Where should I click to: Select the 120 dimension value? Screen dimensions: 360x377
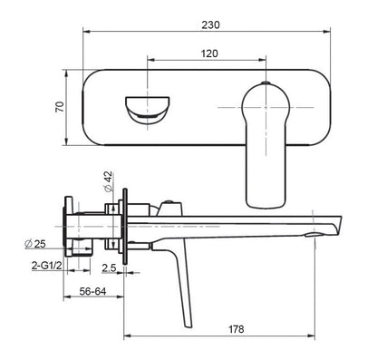point(209,54)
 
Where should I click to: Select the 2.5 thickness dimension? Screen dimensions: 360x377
point(109,268)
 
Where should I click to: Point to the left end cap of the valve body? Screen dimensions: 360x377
point(67,221)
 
